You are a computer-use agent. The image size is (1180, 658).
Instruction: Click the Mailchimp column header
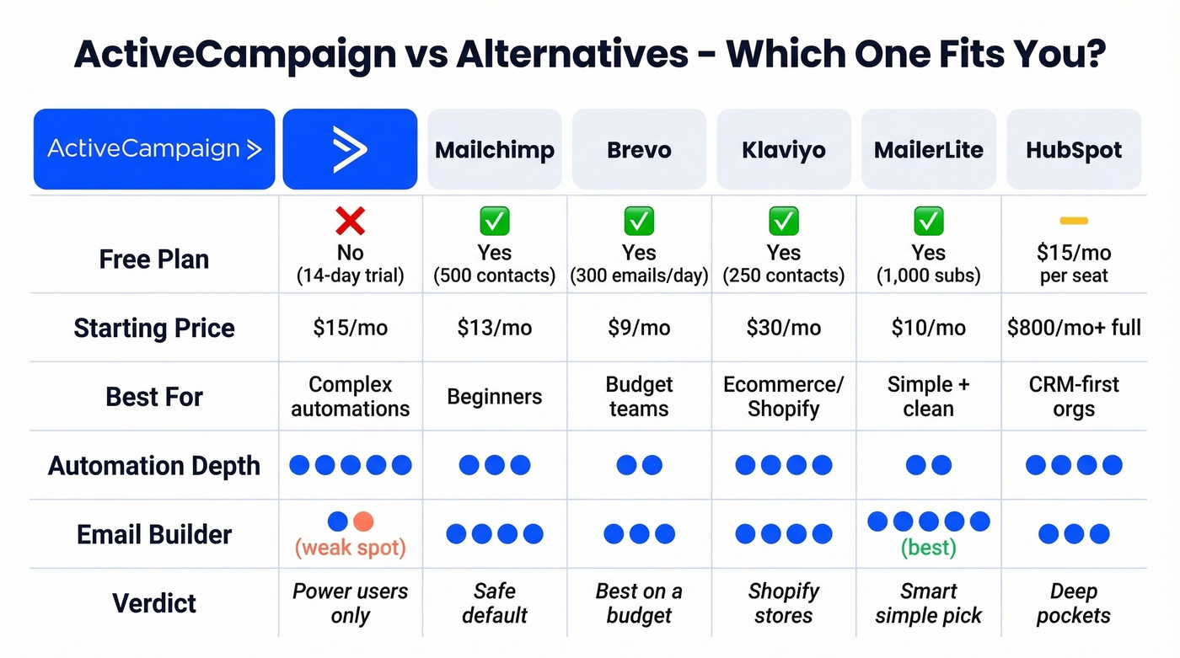(x=495, y=150)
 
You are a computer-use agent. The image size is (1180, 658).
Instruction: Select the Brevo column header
(x=639, y=150)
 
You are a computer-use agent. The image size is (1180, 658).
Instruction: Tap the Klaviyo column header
(x=784, y=150)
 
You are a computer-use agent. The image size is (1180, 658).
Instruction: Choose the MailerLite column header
(x=929, y=150)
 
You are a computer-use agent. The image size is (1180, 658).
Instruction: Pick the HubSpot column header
(x=1074, y=150)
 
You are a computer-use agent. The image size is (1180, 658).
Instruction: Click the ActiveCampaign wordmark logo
(x=154, y=149)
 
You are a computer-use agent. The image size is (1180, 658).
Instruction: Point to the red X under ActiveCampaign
(x=350, y=221)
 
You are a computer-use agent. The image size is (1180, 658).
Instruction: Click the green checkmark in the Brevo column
(x=639, y=221)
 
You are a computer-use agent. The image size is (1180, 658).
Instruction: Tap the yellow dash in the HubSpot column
(x=1074, y=221)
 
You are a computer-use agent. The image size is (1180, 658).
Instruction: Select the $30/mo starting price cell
(x=784, y=328)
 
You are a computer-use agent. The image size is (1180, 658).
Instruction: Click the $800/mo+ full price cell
(x=1074, y=328)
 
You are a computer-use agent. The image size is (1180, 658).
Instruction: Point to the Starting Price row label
(x=154, y=328)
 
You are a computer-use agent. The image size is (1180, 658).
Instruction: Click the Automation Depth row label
(x=154, y=465)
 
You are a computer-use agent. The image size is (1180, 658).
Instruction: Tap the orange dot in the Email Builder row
(x=363, y=522)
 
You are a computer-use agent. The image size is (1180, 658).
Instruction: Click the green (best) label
(x=929, y=548)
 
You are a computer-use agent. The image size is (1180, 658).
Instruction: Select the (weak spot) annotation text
(x=350, y=548)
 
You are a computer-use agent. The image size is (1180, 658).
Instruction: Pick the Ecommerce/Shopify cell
(x=784, y=397)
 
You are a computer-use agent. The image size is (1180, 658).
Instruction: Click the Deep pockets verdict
(x=1074, y=603)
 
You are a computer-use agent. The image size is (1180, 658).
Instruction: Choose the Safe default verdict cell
(x=495, y=603)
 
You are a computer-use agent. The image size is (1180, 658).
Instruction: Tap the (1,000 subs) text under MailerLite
(x=929, y=276)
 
